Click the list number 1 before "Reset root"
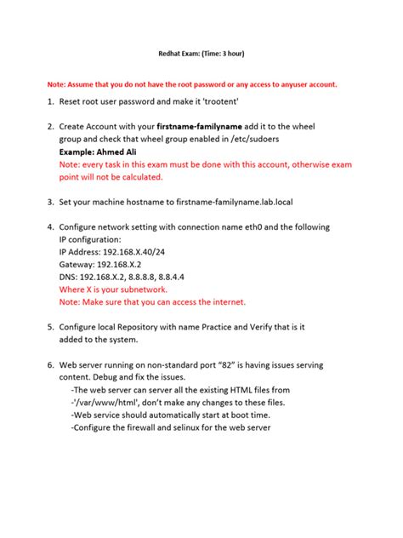point(50,103)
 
